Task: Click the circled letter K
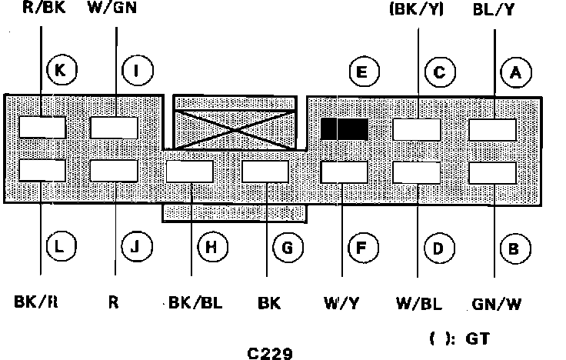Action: [x=62, y=69]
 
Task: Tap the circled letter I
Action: [x=138, y=70]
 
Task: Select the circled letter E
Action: [x=365, y=72]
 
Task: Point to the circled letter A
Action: [x=516, y=72]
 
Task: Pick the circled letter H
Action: [x=212, y=247]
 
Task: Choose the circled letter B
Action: [x=515, y=248]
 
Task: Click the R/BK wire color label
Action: [x=44, y=7]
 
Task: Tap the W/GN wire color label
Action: [x=112, y=7]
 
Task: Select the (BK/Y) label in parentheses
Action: [x=417, y=9]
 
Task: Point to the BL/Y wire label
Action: [x=494, y=9]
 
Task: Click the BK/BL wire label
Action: [x=195, y=302]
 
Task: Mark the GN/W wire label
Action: [x=497, y=305]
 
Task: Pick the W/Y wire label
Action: [x=341, y=303]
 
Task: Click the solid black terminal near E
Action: [x=345, y=129]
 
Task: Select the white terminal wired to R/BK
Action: [x=42, y=127]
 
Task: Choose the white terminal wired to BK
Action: [x=265, y=172]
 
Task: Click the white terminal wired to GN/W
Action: [x=492, y=173]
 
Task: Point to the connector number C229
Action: [x=270, y=353]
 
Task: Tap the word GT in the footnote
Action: [x=478, y=338]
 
